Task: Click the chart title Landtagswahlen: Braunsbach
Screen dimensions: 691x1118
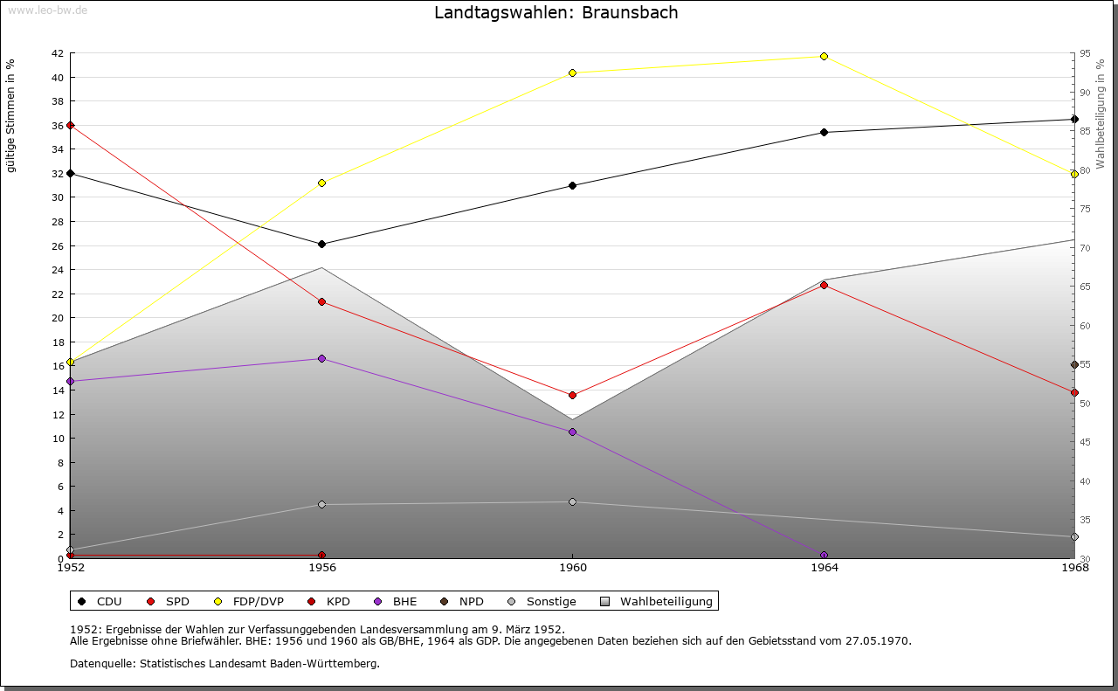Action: pyautogui.click(x=556, y=13)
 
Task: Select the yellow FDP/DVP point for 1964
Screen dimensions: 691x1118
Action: pyautogui.click(x=824, y=57)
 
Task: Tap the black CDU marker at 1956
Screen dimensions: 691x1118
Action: pyautogui.click(x=321, y=245)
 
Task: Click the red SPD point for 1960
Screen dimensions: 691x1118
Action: pyautogui.click(x=572, y=396)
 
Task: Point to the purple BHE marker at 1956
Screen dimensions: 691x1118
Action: pyautogui.click(x=321, y=359)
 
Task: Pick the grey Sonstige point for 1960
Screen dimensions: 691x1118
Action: pyautogui.click(x=572, y=502)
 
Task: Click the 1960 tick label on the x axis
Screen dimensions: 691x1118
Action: pyautogui.click(x=572, y=568)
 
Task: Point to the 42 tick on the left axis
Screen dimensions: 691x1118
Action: pyautogui.click(x=57, y=53)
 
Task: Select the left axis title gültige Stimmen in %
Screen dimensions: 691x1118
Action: pyautogui.click(x=11, y=116)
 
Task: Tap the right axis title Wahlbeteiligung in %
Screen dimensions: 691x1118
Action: pyautogui.click(x=1101, y=109)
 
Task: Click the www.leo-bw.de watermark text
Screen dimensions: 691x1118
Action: pyautogui.click(x=46, y=9)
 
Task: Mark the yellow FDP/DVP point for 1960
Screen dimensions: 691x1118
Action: pyautogui.click(x=572, y=73)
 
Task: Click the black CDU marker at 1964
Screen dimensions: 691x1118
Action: pyautogui.click(x=824, y=133)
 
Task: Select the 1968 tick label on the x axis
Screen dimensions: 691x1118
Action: pyautogui.click(x=1074, y=568)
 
